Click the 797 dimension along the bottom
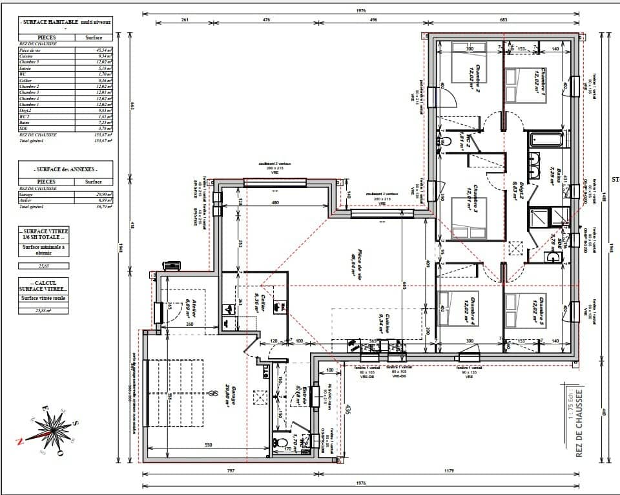click(x=231, y=470)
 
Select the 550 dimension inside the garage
click(x=208, y=446)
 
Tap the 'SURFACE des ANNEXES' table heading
click(x=66, y=169)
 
